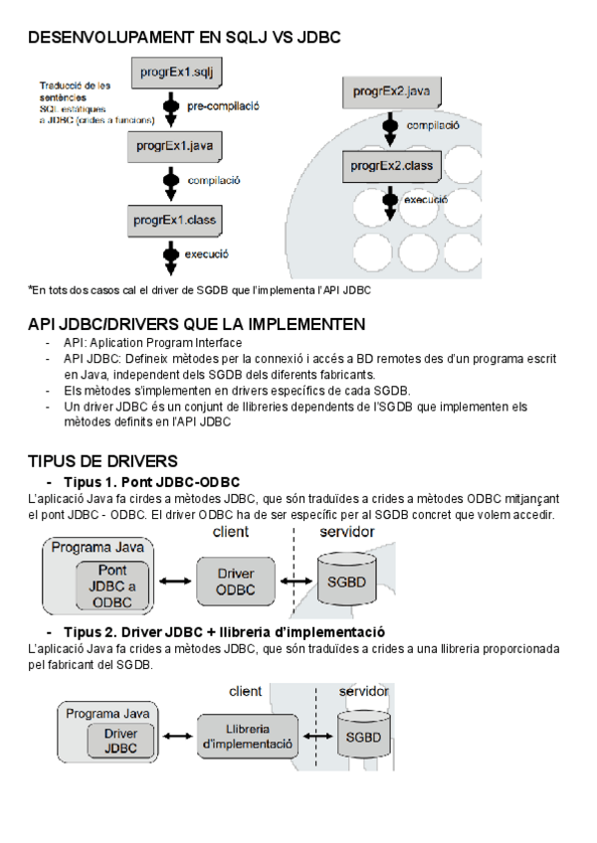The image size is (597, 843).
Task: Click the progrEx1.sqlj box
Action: (176, 73)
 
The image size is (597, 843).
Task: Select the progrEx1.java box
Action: (176, 146)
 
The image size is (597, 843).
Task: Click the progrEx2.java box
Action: (392, 92)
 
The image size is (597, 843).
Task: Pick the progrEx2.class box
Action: (392, 166)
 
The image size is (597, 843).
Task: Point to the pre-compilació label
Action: (223, 105)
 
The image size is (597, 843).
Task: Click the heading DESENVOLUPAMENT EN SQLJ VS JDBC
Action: (184, 38)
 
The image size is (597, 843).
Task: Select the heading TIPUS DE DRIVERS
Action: (102, 461)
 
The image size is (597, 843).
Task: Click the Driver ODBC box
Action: (235, 582)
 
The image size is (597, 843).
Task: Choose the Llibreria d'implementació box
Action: (247, 737)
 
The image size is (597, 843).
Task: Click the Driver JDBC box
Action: (120, 741)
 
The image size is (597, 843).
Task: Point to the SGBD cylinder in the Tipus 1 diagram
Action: (345, 583)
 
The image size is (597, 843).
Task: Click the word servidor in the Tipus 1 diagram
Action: (346, 533)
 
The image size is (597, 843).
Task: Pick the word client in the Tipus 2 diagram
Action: (246, 690)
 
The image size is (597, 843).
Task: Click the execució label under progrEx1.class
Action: (207, 253)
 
